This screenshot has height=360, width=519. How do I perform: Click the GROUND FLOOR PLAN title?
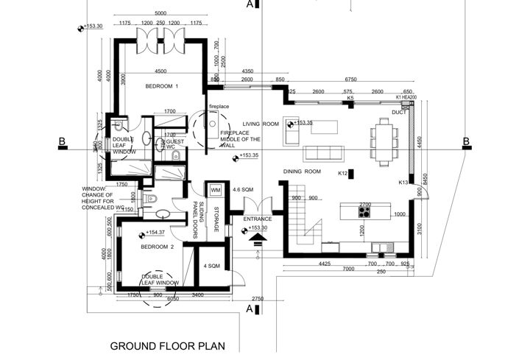(x=166, y=345)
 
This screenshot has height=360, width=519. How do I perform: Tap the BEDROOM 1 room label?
(x=162, y=87)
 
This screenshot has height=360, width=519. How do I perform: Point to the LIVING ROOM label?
(x=262, y=124)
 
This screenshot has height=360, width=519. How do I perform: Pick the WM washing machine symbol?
(x=216, y=191)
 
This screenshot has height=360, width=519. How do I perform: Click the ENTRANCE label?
(x=258, y=219)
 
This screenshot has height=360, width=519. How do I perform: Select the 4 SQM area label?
(x=211, y=266)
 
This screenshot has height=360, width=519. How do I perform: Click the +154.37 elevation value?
(x=155, y=233)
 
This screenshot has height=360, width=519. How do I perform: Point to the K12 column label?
(x=342, y=174)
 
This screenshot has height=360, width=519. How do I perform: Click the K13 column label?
(x=403, y=182)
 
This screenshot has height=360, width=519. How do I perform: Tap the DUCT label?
(x=399, y=113)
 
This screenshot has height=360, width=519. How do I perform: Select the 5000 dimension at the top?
(x=160, y=14)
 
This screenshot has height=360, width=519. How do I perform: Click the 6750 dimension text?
(x=350, y=80)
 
